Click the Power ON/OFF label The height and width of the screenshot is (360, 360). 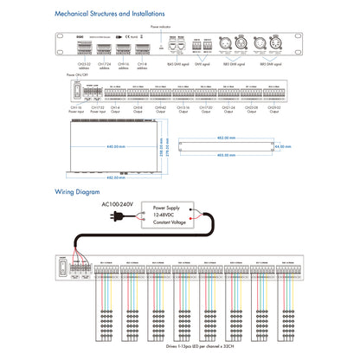[x=83, y=75]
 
